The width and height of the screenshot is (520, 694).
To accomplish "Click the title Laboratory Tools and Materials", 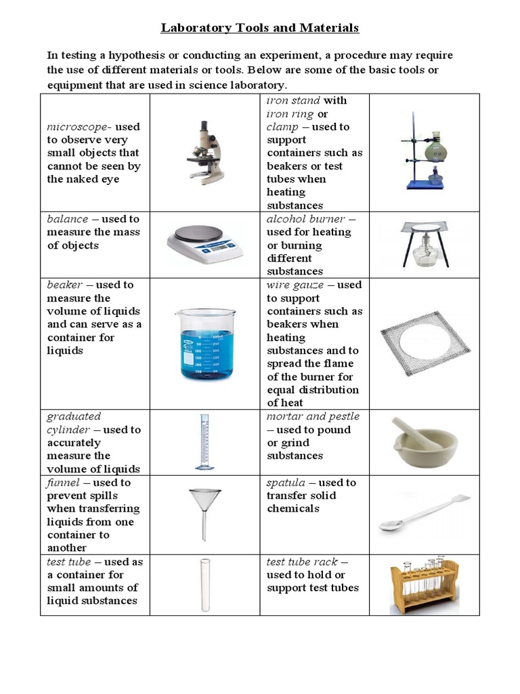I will (260, 28).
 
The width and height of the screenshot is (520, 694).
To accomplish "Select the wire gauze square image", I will (425, 343).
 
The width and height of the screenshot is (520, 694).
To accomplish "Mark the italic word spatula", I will (287, 483).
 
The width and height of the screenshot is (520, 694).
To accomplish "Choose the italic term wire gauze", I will (295, 285).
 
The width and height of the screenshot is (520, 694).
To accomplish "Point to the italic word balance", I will (68, 219).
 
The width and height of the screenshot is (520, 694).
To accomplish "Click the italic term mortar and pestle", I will (313, 416).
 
